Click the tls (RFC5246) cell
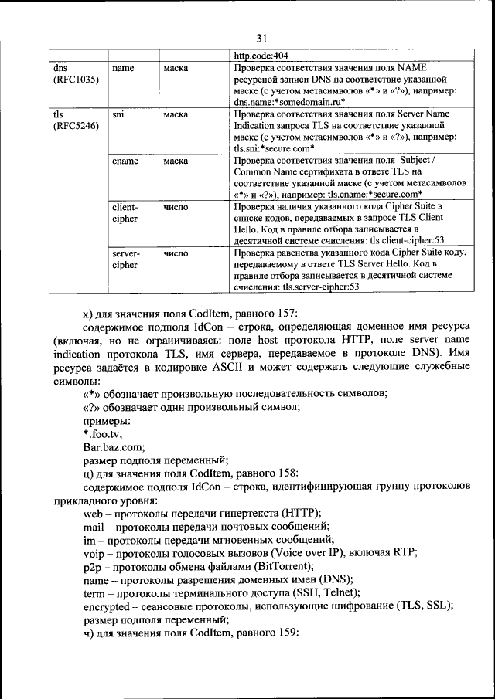[x=75, y=120]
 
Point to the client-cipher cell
[x=125, y=213]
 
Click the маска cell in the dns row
[x=177, y=68]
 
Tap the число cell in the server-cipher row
[x=177, y=253]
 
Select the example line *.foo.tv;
[x=102, y=433]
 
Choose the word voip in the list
[x=94, y=553]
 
